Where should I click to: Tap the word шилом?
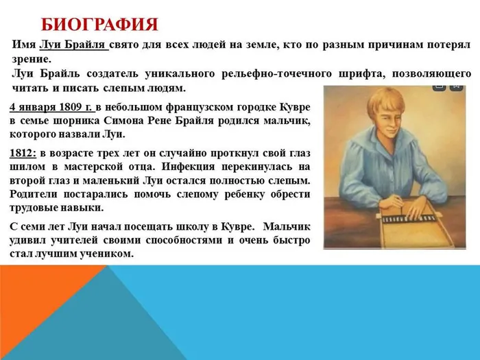tap(29, 167)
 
